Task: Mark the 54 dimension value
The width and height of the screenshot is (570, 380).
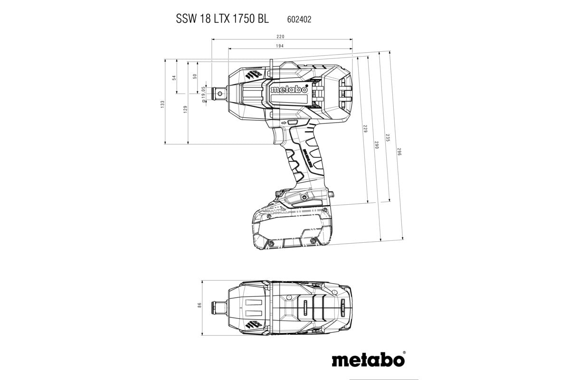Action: (x=174, y=77)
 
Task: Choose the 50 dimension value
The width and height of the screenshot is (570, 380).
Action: (x=195, y=76)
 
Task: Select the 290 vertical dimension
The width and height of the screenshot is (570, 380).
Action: (x=376, y=145)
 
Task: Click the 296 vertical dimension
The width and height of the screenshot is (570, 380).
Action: (x=399, y=152)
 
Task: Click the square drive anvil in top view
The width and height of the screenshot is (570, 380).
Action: (x=217, y=305)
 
